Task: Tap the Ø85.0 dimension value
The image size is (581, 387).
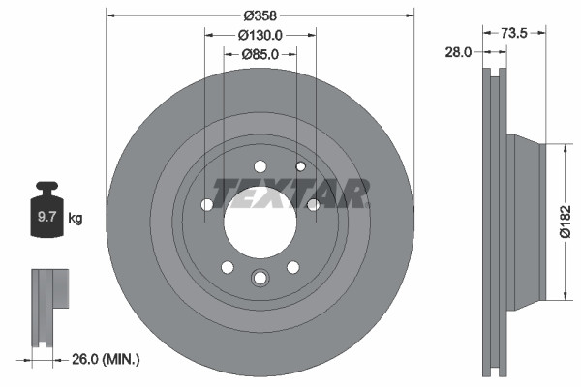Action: (x=260, y=54)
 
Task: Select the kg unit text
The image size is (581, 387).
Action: (x=76, y=219)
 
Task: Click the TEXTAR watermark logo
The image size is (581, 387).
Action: (x=290, y=193)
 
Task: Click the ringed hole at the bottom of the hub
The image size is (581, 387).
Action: (x=260, y=279)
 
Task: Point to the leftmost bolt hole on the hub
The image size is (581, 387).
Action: (x=206, y=204)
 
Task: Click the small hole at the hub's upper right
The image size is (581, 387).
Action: (x=301, y=167)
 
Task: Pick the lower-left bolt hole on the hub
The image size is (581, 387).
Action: (x=227, y=267)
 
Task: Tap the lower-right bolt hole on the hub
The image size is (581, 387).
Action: (x=292, y=267)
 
